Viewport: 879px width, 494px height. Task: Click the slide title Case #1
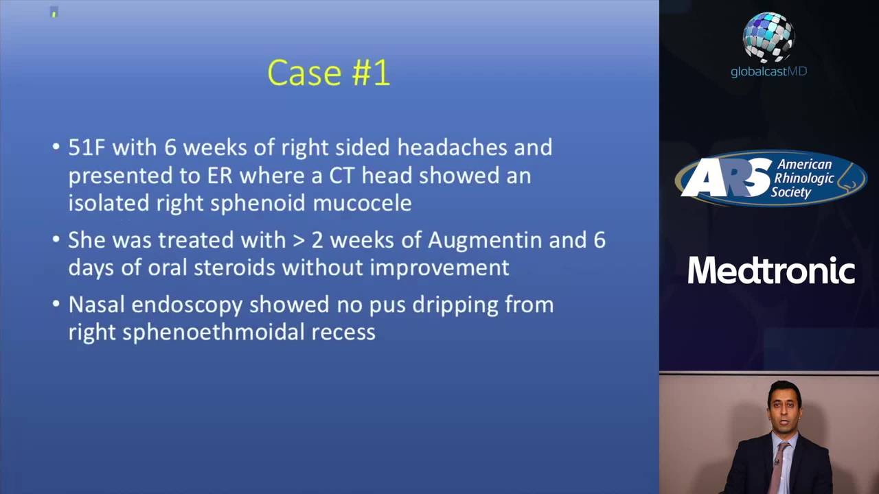328,73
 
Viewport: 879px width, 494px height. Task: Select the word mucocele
362,203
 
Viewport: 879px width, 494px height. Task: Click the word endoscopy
187,305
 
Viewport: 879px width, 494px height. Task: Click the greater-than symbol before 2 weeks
299,241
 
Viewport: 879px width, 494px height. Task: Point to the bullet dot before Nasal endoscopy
56,304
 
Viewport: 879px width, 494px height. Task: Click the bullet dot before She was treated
56,238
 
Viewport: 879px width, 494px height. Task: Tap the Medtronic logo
771,270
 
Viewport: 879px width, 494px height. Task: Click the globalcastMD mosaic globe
768,37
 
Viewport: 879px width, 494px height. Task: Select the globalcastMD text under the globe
768,72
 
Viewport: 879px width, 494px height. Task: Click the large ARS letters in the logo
727,178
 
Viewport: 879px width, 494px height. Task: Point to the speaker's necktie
776,467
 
